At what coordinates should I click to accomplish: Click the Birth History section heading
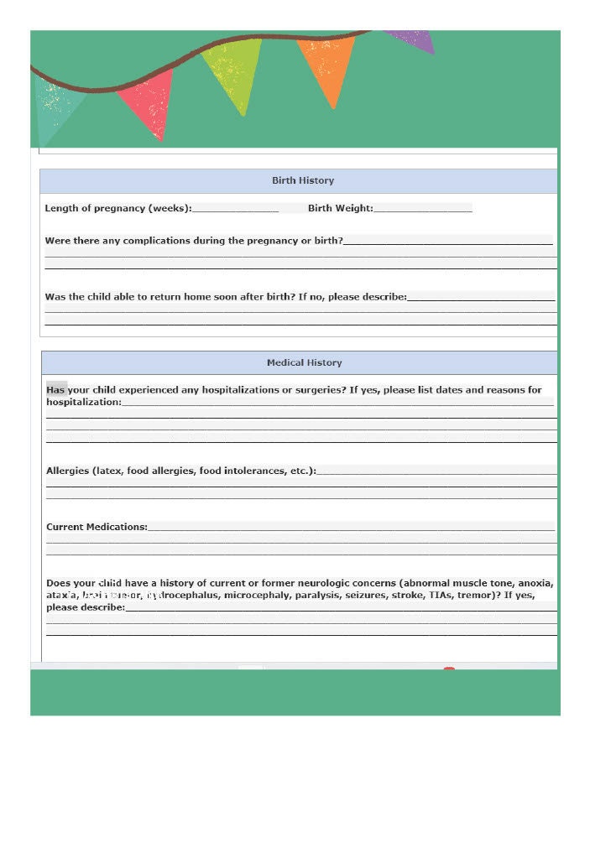[302, 180]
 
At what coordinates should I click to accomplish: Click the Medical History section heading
[304, 362]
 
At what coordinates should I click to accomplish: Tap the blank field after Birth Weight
[423, 208]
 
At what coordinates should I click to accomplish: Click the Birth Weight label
[340, 208]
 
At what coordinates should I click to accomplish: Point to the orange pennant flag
[327, 67]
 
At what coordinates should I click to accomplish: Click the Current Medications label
[97, 527]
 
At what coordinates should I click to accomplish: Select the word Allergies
[67, 471]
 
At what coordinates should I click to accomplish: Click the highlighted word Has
[55, 390]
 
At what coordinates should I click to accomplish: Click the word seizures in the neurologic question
[368, 595]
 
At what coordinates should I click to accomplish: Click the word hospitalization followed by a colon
[83, 402]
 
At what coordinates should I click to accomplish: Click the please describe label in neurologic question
[85, 607]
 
